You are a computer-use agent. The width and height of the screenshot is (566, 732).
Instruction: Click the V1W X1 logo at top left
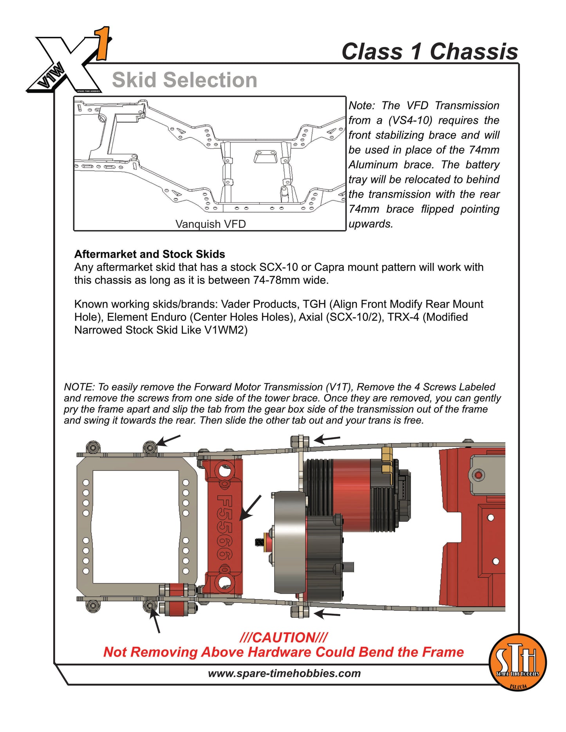(69, 63)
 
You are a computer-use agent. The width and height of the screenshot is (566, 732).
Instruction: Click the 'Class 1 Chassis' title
(429, 52)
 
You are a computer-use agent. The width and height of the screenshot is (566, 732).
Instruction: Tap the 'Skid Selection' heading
(184, 80)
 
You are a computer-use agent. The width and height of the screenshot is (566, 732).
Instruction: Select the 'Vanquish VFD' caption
(210, 224)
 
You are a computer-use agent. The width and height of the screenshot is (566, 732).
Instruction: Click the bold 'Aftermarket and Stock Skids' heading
(150, 254)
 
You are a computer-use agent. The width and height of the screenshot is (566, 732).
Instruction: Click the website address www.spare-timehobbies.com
(284, 673)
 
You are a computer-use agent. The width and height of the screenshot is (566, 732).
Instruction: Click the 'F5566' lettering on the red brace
(225, 527)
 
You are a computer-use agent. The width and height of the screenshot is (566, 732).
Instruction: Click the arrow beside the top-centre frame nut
(327, 439)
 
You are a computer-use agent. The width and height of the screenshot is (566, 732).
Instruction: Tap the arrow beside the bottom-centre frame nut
(327, 614)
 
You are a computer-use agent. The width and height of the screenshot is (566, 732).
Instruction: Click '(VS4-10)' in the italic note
(410, 120)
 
